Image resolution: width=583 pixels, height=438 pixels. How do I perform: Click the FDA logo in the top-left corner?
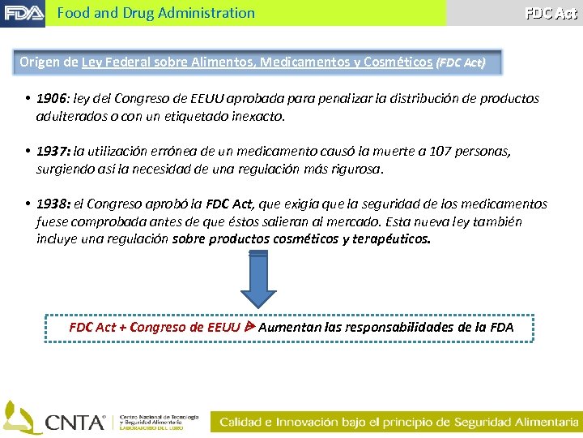tap(23, 13)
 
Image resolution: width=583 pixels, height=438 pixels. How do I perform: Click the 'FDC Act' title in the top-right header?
tap(551, 13)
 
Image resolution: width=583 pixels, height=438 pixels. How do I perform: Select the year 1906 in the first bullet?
tap(51, 99)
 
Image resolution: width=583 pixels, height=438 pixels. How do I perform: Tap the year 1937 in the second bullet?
tap(53, 152)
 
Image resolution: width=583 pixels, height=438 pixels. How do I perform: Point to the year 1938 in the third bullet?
tap(53, 204)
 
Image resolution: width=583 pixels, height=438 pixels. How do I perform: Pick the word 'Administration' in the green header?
tap(207, 13)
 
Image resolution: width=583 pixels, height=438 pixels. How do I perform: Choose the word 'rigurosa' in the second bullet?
tap(357, 170)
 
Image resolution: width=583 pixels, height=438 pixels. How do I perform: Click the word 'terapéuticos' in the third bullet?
tap(391, 239)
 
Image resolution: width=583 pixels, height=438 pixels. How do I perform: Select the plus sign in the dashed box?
tap(122, 328)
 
